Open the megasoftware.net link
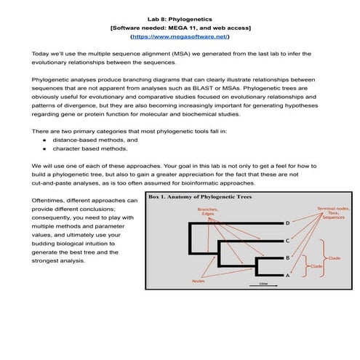180,35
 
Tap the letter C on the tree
287,241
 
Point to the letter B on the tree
287,258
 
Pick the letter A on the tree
287,276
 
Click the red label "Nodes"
197,281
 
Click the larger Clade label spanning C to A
335,257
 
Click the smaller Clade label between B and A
316,267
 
